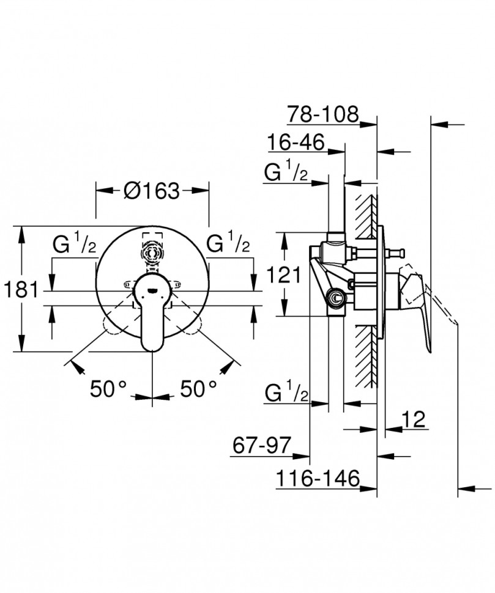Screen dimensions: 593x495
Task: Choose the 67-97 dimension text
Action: [x=261, y=445]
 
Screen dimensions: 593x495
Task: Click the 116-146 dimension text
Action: [x=316, y=479]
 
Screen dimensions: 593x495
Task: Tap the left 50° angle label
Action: [x=108, y=388]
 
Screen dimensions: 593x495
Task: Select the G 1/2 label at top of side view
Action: [x=286, y=173]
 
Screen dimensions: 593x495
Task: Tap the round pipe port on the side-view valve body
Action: [x=335, y=298]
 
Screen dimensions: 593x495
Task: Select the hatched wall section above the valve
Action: [x=366, y=214]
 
